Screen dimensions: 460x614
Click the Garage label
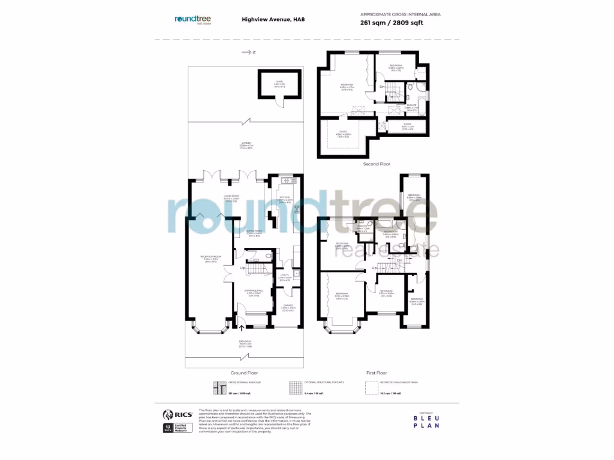(287, 307)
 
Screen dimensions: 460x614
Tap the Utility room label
(285, 277)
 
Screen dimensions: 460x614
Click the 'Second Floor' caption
(377, 164)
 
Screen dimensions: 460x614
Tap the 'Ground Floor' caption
(244, 373)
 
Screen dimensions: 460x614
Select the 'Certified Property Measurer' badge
(168, 428)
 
